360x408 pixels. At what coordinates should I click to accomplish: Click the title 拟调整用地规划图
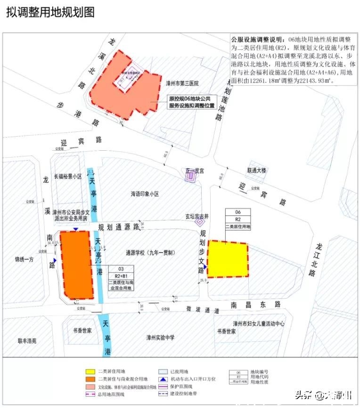pyautogui.click(x=50, y=13)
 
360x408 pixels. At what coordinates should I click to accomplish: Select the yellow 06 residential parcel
pyautogui.click(x=227, y=259)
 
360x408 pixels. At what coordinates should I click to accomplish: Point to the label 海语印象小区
pyautogui.click(x=145, y=194)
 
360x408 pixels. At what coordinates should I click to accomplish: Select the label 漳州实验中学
pyautogui.click(x=160, y=337)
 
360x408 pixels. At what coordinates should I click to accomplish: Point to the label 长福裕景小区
pyautogui.click(x=68, y=176)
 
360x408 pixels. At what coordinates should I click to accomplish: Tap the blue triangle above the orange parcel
pyautogui.click(x=76, y=229)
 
